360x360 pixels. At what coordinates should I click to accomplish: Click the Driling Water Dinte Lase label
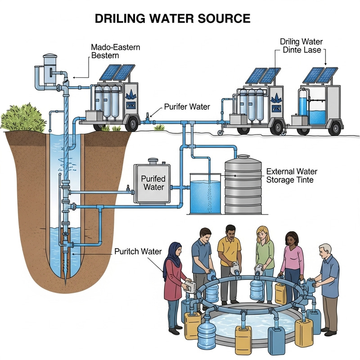point(301,46)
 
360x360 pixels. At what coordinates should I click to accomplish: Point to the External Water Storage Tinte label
point(292,176)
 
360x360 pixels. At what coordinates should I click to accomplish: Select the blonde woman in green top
point(265,256)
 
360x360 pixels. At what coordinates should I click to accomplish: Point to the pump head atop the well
point(47,72)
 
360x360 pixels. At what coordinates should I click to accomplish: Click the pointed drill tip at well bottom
point(66,277)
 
